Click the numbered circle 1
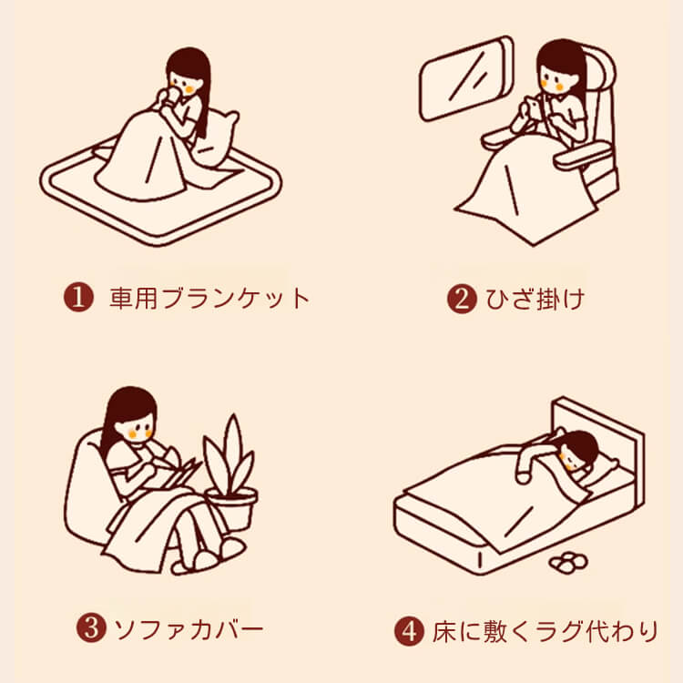(x=79, y=298)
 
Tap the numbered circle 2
(x=462, y=299)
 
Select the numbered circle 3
(x=91, y=627)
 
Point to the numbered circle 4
(x=409, y=631)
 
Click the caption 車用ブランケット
(x=209, y=299)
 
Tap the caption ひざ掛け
(x=535, y=299)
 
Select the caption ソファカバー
(x=189, y=629)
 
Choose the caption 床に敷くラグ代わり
(x=545, y=631)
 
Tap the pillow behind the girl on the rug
(x=217, y=138)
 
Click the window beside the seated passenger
(x=466, y=78)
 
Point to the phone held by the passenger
(x=534, y=106)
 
